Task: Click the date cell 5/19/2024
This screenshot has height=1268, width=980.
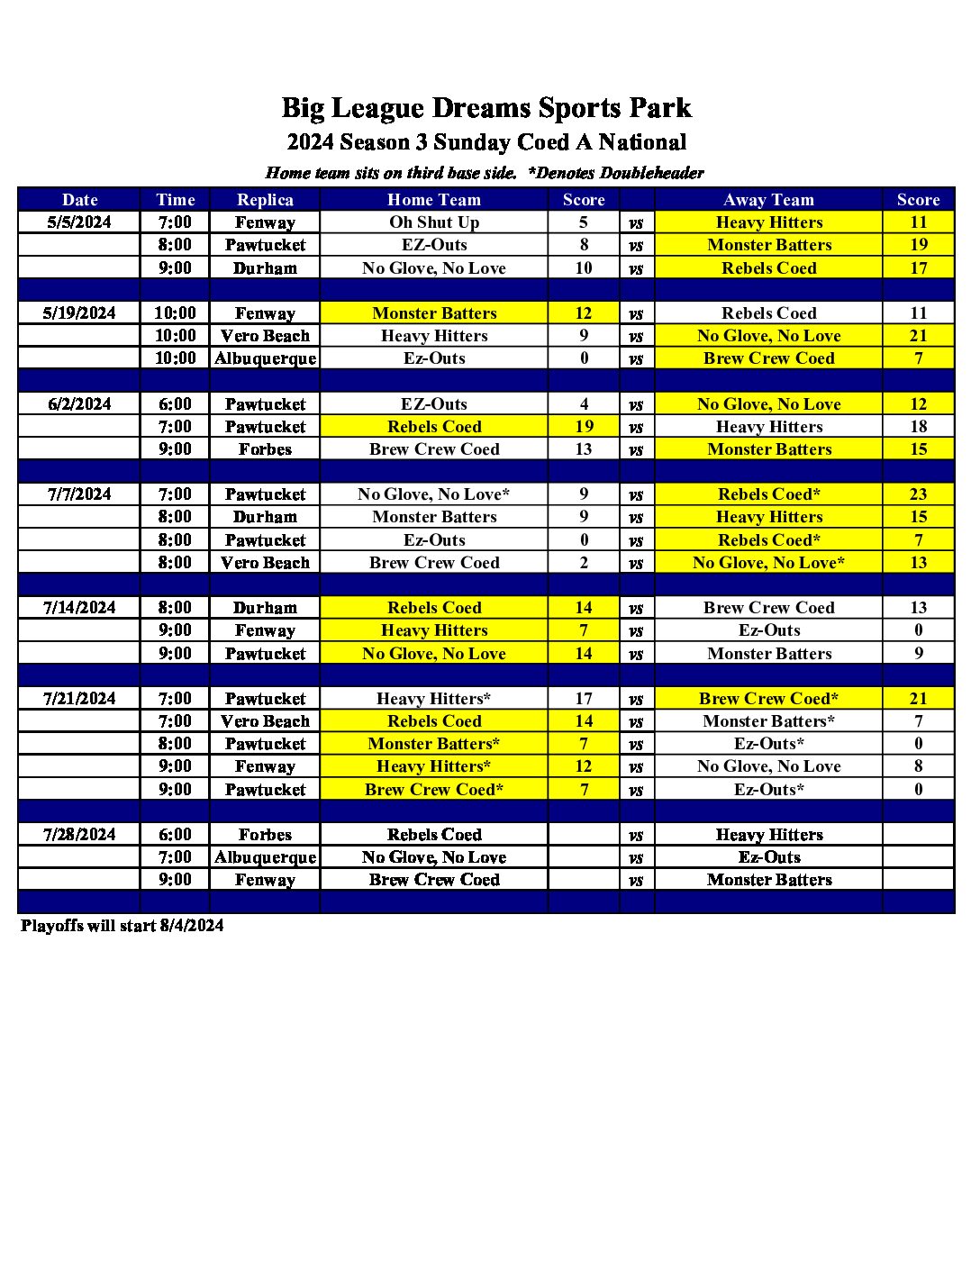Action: coord(79,313)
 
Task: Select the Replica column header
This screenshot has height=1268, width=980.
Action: coord(265,200)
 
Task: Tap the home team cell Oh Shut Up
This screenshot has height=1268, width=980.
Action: coord(434,222)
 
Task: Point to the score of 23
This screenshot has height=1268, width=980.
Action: coord(918,494)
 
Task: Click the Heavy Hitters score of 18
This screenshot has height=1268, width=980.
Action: coord(918,427)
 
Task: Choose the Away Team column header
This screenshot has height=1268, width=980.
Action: coord(768,200)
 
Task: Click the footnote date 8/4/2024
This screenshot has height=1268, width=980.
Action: coord(192,926)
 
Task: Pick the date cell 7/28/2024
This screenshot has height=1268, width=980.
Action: coord(79,835)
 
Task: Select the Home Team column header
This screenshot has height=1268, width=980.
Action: coord(434,200)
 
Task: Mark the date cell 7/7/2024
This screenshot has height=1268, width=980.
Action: coord(79,494)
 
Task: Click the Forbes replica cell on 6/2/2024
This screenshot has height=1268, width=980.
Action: coord(265,449)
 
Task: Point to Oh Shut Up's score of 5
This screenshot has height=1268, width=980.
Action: coord(584,222)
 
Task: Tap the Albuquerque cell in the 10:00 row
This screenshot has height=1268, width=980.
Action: coord(265,358)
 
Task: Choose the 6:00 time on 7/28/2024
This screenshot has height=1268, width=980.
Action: coord(175,835)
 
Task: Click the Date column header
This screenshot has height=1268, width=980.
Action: coord(79,200)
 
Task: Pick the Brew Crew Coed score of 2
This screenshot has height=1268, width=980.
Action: coord(584,563)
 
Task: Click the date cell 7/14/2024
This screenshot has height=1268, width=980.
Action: coord(79,608)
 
